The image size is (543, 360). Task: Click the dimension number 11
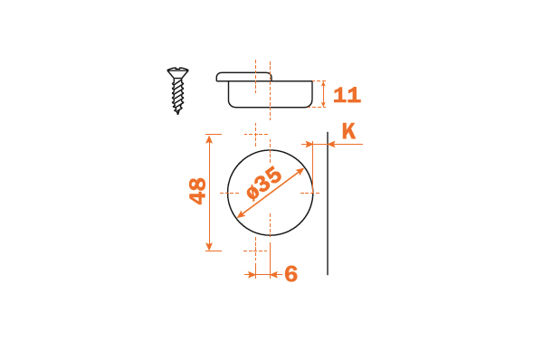tap(347, 95)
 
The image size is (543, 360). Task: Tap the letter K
tap(348, 131)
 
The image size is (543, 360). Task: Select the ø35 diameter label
tap(264, 183)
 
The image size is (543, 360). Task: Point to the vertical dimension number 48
tap(197, 191)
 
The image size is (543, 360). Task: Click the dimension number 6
tap(291, 274)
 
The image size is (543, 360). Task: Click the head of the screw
tap(177, 72)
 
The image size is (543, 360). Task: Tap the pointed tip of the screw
tap(177, 112)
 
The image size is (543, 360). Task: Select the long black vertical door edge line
tap(328, 204)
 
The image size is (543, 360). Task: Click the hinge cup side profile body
tap(270, 94)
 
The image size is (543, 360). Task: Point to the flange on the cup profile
tap(243, 77)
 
